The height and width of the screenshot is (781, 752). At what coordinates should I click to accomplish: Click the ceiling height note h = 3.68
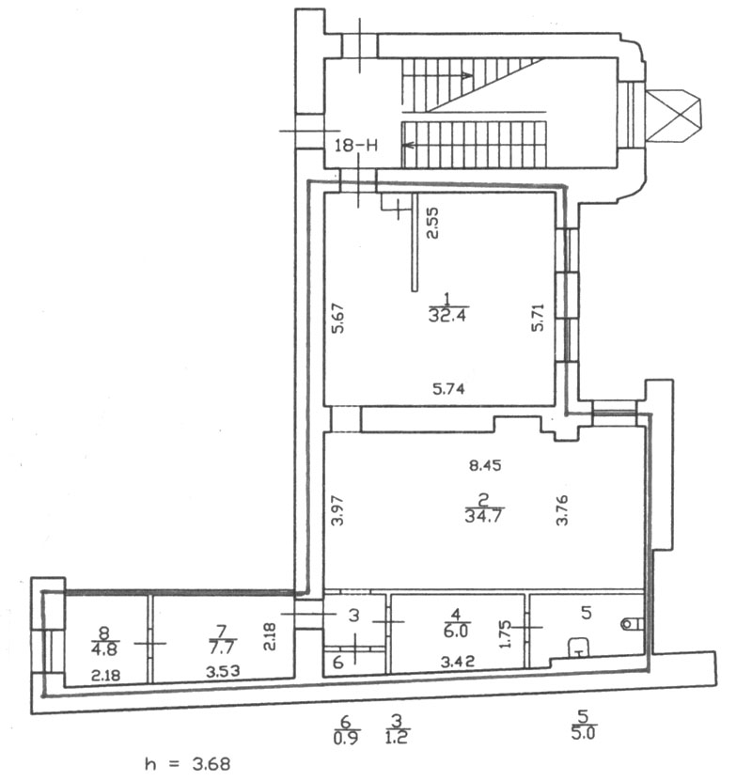click(x=187, y=763)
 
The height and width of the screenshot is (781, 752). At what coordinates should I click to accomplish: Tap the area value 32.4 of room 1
click(x=447, y=315)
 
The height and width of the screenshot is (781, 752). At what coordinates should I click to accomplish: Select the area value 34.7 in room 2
click(x=483, y=516)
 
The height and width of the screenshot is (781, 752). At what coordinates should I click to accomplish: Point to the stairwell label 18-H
click(x=356, y=146)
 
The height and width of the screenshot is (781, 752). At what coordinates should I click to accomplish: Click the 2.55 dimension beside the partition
click(x=433, y=223)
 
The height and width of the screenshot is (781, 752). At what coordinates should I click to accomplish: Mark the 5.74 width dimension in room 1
click(x=448, y=388)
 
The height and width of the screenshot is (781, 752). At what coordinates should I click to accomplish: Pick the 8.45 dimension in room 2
click(x=485, y=465)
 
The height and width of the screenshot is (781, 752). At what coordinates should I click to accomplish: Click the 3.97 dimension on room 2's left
click(x=338, y=509)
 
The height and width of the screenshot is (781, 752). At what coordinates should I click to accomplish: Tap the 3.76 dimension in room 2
click(x=562, y=509)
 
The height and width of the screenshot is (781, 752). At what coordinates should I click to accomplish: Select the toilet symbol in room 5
click(x=632, y=624)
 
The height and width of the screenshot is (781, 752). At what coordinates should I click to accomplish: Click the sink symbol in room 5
click(x=578, y=647)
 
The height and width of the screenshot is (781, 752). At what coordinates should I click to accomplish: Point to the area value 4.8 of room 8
click(x=104, y=649)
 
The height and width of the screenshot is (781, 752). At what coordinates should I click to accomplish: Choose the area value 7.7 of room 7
click(x=221, y=648)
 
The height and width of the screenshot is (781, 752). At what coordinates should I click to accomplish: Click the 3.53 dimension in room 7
click(x=223, y=671)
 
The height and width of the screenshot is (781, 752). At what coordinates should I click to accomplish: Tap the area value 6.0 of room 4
click(x=455, y=631)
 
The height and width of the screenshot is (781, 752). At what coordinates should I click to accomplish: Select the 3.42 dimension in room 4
click(x=458, y=662)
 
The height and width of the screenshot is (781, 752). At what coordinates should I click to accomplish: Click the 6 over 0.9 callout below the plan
click(x=346, y=729)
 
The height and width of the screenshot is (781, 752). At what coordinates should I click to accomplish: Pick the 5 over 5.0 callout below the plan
click(x=583, y=726)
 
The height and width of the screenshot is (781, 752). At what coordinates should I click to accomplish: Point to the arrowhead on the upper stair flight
click(x=466, y=76)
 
